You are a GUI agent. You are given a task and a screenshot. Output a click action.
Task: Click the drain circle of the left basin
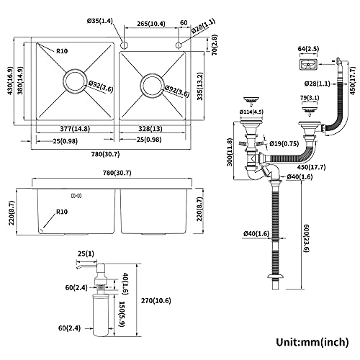click(x=64, y=81)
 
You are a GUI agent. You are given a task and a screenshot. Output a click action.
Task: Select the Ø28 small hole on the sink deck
click(x=179, y=45)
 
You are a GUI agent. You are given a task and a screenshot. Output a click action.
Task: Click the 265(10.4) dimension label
click(x=151, y=24)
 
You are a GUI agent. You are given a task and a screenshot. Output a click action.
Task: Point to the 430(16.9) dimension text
click(x=11, y=81)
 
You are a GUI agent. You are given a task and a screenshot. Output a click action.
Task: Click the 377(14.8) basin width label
click(x=75, y=129)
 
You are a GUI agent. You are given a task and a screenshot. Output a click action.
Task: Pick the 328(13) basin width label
click(x=150, y=129)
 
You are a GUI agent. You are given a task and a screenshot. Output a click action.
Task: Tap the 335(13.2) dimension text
click(x=199, y=86)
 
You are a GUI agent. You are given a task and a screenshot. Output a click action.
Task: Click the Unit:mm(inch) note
click(x=312, y=342)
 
